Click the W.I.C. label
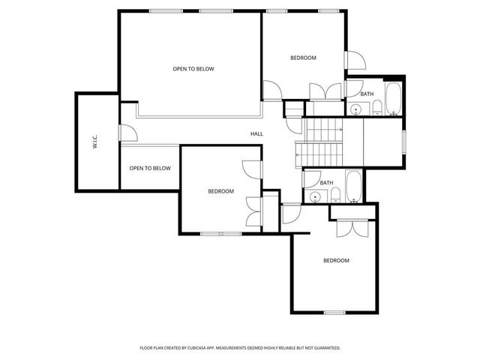[x=96, y=142]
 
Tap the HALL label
[x=257, y=134]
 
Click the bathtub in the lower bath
[x=354, y=187]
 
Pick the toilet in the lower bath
[x=335, y=196]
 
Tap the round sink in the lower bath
[x=316, y=197]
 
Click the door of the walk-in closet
[x=129, y=133]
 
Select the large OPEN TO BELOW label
[x=193, y=69]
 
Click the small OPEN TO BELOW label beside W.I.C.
[x=150, y=168]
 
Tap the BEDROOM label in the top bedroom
[x=303, y=58]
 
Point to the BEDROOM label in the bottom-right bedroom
[x=336, y=260]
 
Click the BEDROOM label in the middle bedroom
[x=220, y=191]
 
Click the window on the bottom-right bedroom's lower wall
[x=334, y=311]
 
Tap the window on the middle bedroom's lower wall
[x=221, y=234]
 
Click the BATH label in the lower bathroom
[x=326, y=183]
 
